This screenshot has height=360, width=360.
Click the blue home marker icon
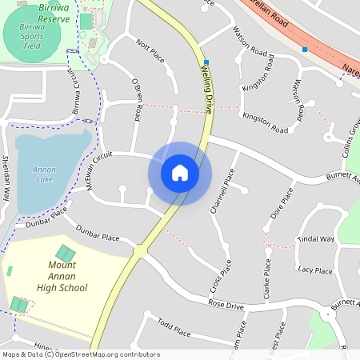click(x=180, y=173)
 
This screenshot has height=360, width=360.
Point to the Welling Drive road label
click(x=206, y=88)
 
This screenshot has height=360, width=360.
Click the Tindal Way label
click(x=315, y=239)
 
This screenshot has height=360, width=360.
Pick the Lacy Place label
click(x=314, y=270)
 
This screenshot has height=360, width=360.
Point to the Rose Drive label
click(x=226, y=305)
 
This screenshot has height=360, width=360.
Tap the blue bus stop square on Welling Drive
click(x=206, y=62)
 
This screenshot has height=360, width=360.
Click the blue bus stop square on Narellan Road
click(x=304, y=50)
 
